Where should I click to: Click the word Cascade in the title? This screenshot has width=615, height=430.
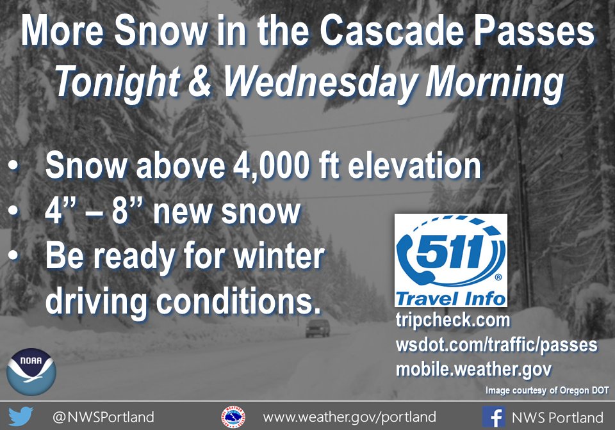(x=395, y=33)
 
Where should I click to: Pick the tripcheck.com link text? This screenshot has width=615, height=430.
(x=453, y=321)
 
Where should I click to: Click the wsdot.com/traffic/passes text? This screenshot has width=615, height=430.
(x=496, y=346)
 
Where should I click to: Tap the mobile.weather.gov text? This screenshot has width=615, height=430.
(x=473, y=369)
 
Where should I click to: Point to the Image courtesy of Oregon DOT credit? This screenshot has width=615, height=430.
(x=546, y=390)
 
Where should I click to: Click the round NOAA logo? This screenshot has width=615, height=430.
(x=31, y=371)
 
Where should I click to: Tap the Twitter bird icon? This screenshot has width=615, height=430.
(x=21, y=417)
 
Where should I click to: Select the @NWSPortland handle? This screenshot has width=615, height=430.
(x=103, y=417)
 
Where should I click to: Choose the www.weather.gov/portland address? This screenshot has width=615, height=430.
(x=349, y=417)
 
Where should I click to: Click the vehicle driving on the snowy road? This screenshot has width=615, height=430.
(x=318, y=328)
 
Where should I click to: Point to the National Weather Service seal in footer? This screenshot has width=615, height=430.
(x=233, y=417)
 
